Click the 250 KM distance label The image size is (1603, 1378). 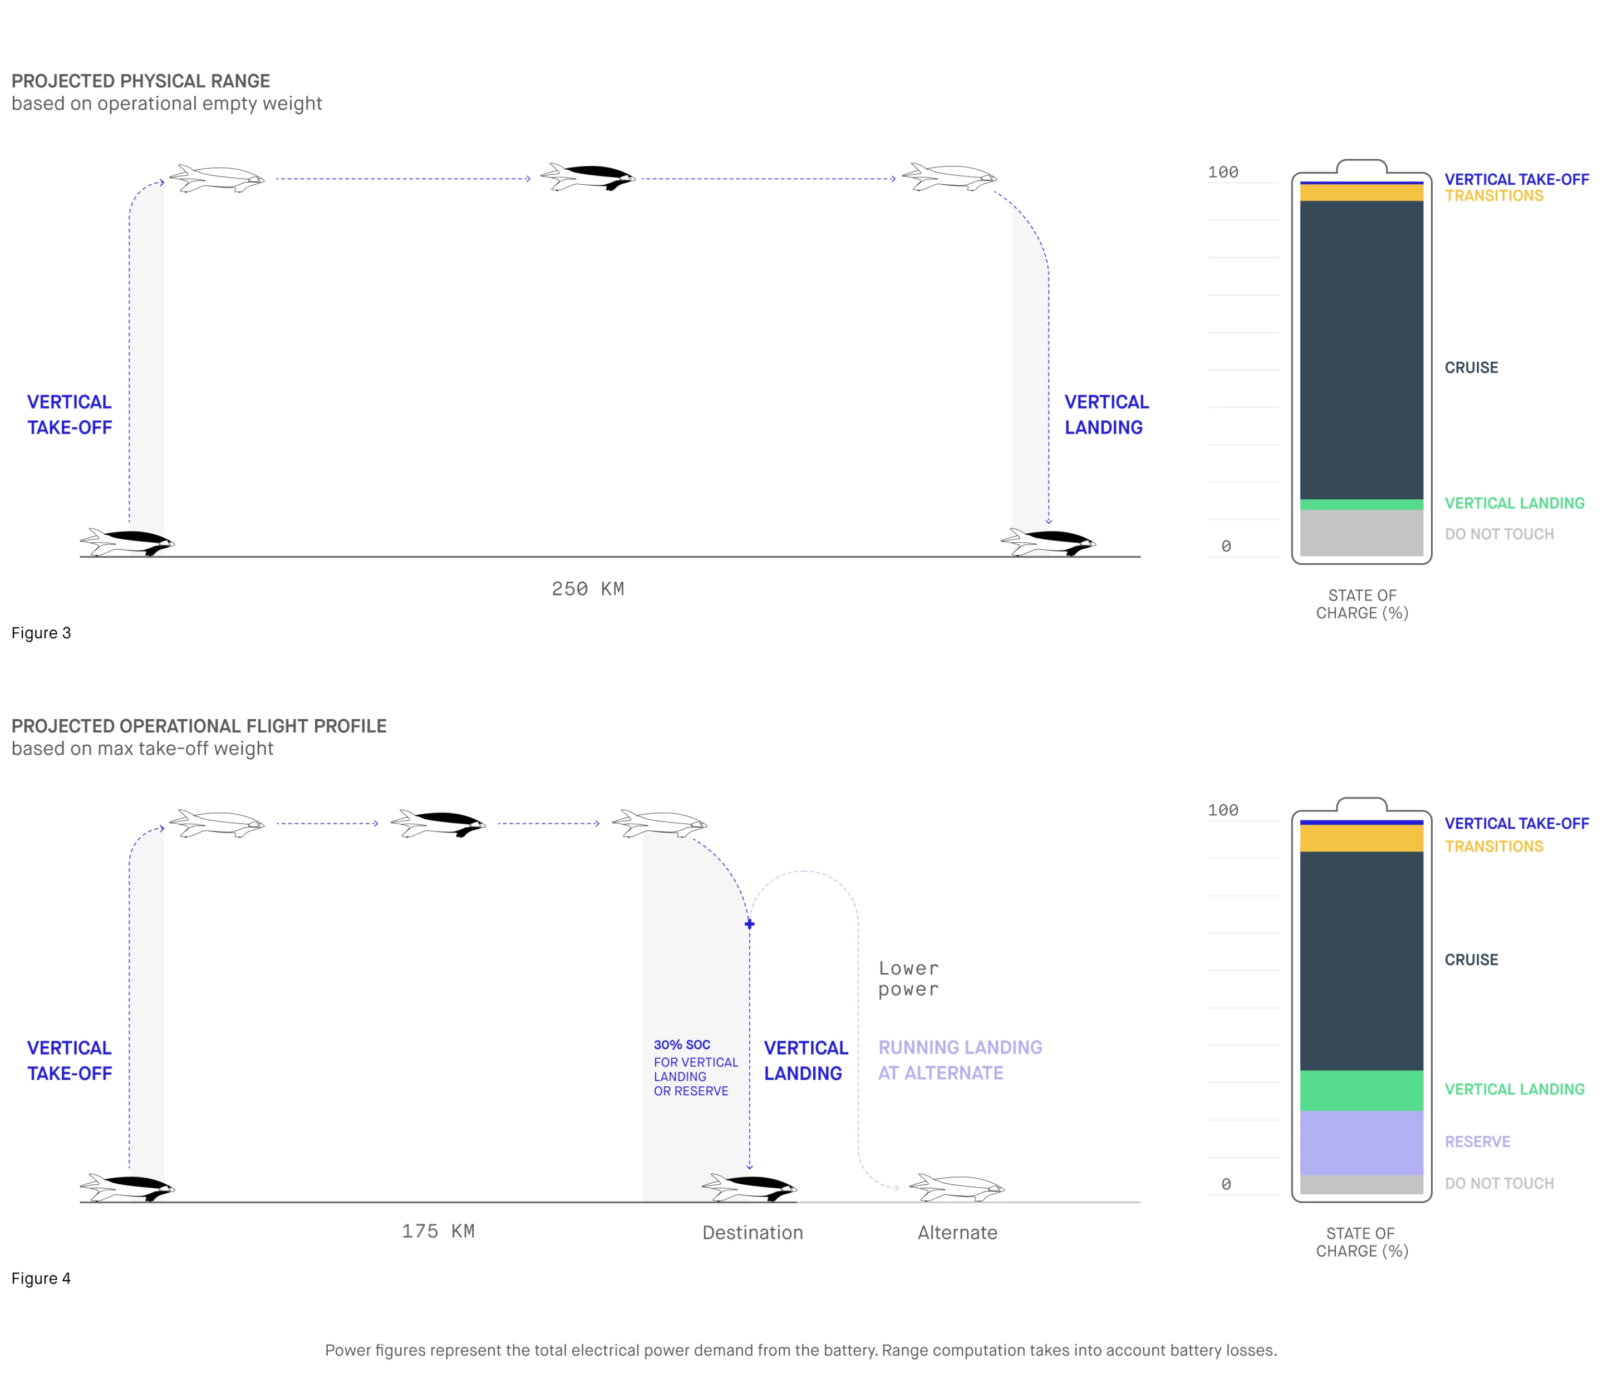tap(587, 589)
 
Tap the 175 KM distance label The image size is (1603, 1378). tap(438, 1231)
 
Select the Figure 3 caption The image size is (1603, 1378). tap(41, 633)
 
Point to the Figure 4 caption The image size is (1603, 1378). tap(41, 1278)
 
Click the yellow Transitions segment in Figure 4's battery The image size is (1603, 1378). tap(1361, 838)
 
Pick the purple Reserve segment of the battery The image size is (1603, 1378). tap(1361, 1143)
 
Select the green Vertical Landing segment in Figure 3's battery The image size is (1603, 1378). tap(1361, 504)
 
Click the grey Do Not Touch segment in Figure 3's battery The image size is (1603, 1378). tap(1361, 532)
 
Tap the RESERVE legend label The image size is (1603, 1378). tap(1477, 1141)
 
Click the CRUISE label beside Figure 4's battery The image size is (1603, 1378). tap(1471, 959)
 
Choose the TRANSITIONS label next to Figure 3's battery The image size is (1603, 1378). tap(1493, 196)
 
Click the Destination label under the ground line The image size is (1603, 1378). tap(752, 1233)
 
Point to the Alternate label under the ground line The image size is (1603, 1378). tap(957, 1233)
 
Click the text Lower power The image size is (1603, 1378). tap(908, 979)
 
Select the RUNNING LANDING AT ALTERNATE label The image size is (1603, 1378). tap(960, 1060)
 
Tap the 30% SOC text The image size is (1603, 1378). tap(682, 1045)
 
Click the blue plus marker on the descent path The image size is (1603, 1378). tap(749, 924)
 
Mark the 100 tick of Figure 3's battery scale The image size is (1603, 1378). tap(1222, 173)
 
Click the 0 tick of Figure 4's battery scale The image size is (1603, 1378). tap(1226, 1184)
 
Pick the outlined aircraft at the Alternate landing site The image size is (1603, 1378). tap(956, 1187)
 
